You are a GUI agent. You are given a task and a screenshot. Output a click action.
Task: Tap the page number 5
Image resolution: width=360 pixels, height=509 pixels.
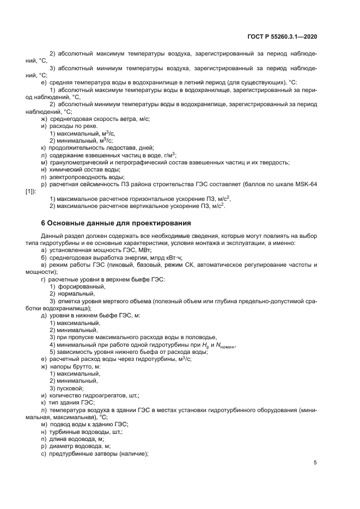315,462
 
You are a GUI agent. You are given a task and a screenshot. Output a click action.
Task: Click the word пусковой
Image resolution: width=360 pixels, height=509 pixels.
70,389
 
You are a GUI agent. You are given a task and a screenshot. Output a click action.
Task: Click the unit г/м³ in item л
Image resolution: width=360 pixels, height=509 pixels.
167,155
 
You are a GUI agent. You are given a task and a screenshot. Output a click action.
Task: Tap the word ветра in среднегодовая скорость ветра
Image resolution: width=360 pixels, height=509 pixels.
127,118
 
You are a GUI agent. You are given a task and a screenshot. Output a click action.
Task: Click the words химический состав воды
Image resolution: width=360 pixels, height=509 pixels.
81,170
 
